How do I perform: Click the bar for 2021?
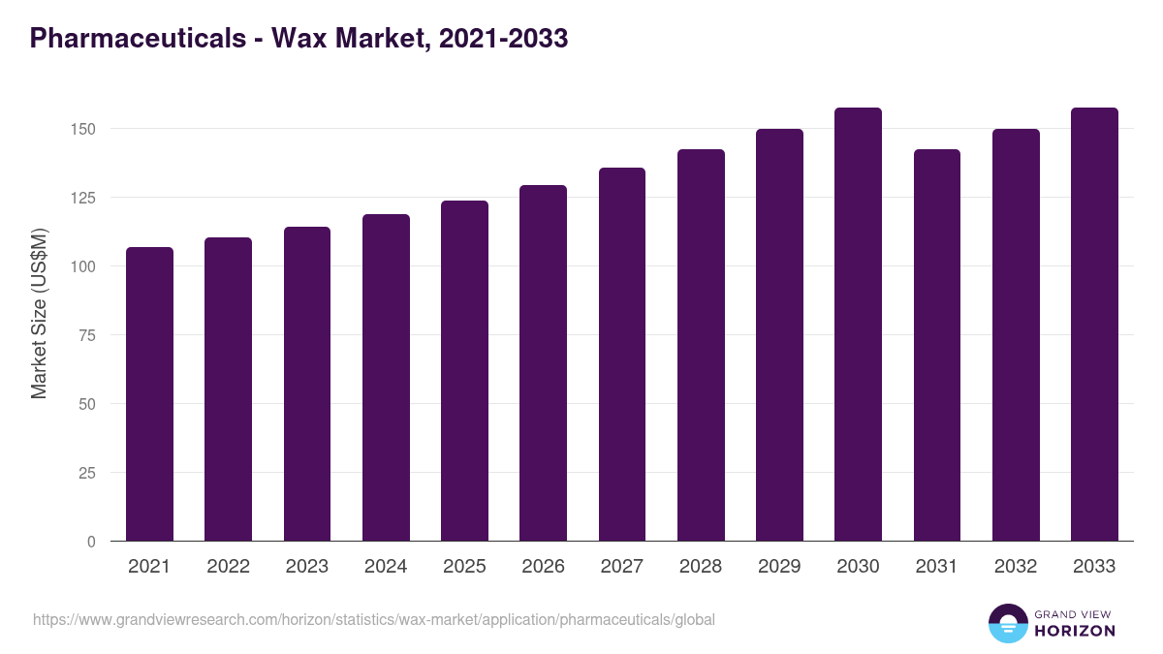(149, 394)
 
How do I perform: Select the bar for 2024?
(386, 378)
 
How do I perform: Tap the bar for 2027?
(622, 355)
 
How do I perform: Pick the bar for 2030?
(858, 325)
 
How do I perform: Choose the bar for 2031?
(937, 345)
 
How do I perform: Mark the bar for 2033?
(1094, 325)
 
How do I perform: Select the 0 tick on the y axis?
(91, 542)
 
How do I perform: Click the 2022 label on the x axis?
(228, 567)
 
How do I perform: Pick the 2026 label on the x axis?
(543, 567)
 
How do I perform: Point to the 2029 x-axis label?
(779, 567)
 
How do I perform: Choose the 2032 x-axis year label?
(1016, 567)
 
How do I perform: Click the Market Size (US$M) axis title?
(39, 313)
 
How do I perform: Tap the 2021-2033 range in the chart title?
(503, 38)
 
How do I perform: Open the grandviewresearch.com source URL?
(374, 619)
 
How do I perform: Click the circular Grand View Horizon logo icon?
(1008, 623)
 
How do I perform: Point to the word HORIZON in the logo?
(1075, 631)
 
